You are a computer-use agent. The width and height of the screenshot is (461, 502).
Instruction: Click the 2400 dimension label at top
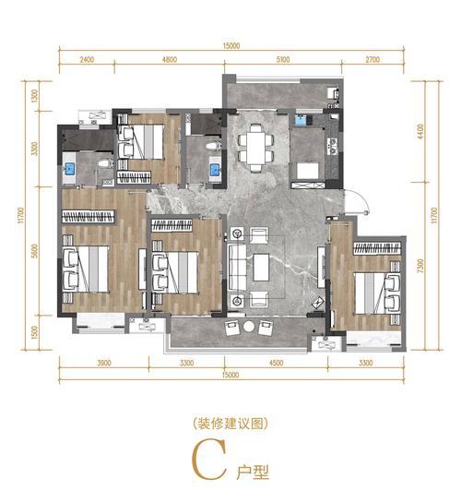tap(87, 60)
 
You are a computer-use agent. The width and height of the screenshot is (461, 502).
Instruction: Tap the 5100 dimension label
tap(283, 60)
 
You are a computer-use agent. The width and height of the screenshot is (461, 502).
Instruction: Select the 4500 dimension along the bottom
tap(276, 363)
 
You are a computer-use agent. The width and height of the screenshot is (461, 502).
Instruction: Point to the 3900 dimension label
tap(104, 363)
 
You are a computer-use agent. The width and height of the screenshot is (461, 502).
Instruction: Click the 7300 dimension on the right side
tap(420, 266)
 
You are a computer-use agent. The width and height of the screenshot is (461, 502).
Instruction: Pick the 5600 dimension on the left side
tap(34, 251)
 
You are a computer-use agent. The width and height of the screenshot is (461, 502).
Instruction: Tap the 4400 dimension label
tap(420, 131)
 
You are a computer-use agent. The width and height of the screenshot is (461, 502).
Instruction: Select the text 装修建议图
tap(230, 424)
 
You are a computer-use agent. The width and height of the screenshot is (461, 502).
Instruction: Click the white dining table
tap(256, 149)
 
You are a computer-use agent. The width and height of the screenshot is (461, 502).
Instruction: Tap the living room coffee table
tap(261, 268)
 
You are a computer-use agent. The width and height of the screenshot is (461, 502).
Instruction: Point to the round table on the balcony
tap(249, 327)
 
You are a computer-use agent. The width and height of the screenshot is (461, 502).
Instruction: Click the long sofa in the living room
tap(237, 268)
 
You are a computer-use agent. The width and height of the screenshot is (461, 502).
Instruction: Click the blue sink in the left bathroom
tap(69, 169)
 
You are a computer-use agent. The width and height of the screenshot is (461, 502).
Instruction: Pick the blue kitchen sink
tap(300, 121)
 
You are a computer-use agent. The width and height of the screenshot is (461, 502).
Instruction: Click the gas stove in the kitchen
tap(334, 146)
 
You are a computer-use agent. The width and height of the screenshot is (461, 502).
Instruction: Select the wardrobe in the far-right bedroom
tap(377, 248)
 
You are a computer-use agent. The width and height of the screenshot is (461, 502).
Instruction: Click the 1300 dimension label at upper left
tap(34, 96)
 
